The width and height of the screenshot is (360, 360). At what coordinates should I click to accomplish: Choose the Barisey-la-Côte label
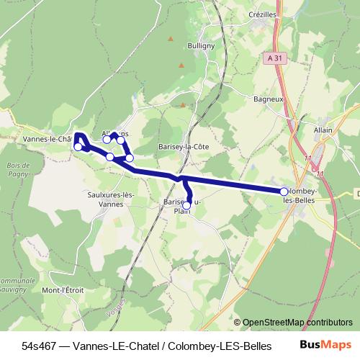pyautogui.click(x=183, y=147)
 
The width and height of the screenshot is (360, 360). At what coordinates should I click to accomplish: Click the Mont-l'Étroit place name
pyautogui.click(x=63, y=290)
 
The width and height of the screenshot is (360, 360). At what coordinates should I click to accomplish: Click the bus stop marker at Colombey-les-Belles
pyautogui.click(x=284, y=192)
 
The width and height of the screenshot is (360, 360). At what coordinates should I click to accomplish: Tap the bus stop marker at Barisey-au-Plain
pyautogui.click(x=186, y=206)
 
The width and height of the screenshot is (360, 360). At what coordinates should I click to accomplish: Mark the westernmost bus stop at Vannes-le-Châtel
pyautogui.click(x=78, y=147)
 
